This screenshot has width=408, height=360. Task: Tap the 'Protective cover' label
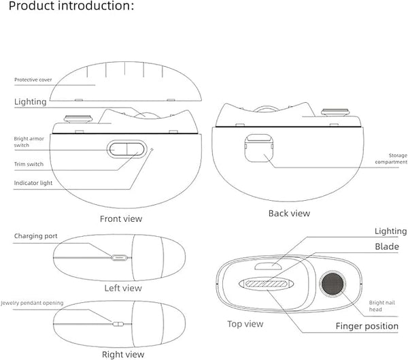pos(33,80)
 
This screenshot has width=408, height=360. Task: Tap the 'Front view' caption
pos(121,218)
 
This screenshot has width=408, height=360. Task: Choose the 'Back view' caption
pos(288,213)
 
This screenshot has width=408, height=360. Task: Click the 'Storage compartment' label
pos(394,159)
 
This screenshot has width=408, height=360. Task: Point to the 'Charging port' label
pos(35,236)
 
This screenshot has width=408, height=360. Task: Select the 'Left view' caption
pos(123,288)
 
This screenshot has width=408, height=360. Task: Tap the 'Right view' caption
pos(122,354)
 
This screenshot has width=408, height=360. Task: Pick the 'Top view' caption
pos(245,324)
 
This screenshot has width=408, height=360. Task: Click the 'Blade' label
pos(386,246)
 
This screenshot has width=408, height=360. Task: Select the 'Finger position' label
pos(367,326)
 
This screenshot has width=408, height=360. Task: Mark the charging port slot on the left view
pos(120,258)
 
